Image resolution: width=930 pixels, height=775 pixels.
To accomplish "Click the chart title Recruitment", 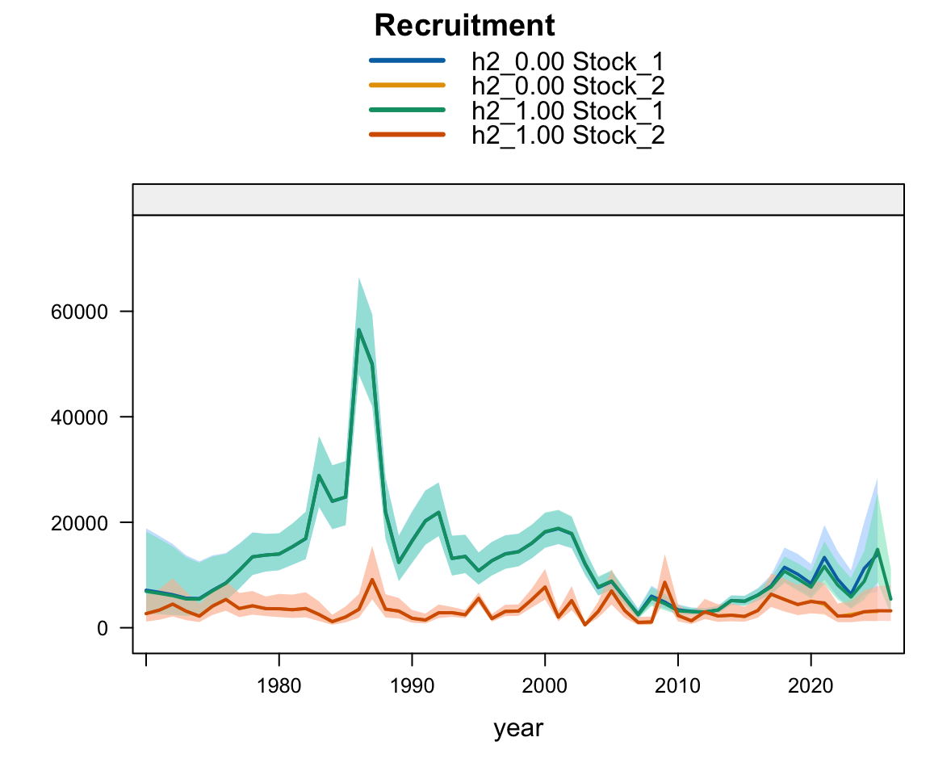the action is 464,26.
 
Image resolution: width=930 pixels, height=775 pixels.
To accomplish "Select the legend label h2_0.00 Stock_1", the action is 568,61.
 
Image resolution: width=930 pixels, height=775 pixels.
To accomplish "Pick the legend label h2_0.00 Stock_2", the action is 568,86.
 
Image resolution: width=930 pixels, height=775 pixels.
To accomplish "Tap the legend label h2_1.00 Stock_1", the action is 568,111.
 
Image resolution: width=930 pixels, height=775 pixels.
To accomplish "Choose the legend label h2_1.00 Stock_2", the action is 568,135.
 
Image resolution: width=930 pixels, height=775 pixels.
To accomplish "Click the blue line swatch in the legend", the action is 407,61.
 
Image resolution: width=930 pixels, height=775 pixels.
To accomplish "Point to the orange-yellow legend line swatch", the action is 407,85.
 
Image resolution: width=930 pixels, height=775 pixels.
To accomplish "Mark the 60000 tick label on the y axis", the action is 79,312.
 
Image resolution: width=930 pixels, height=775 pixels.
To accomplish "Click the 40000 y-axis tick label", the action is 79,417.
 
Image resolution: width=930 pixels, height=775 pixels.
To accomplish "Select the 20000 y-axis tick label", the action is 79,523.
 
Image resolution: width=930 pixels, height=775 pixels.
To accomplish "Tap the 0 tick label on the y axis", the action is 103,629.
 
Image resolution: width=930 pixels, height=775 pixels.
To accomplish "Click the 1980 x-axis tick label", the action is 279,686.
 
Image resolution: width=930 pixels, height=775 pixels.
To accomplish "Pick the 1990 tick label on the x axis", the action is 412,686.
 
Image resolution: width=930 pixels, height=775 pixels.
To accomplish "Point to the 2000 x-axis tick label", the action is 544,686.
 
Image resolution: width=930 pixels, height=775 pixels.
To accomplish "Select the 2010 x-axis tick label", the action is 677,686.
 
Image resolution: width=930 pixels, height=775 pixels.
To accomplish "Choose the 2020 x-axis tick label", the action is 811,686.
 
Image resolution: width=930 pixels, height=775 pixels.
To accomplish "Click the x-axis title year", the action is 518,728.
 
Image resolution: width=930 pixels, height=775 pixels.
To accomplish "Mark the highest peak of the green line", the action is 358,329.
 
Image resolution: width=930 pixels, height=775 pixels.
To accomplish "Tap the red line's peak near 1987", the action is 372,580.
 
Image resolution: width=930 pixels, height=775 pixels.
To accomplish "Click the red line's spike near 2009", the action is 664,582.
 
